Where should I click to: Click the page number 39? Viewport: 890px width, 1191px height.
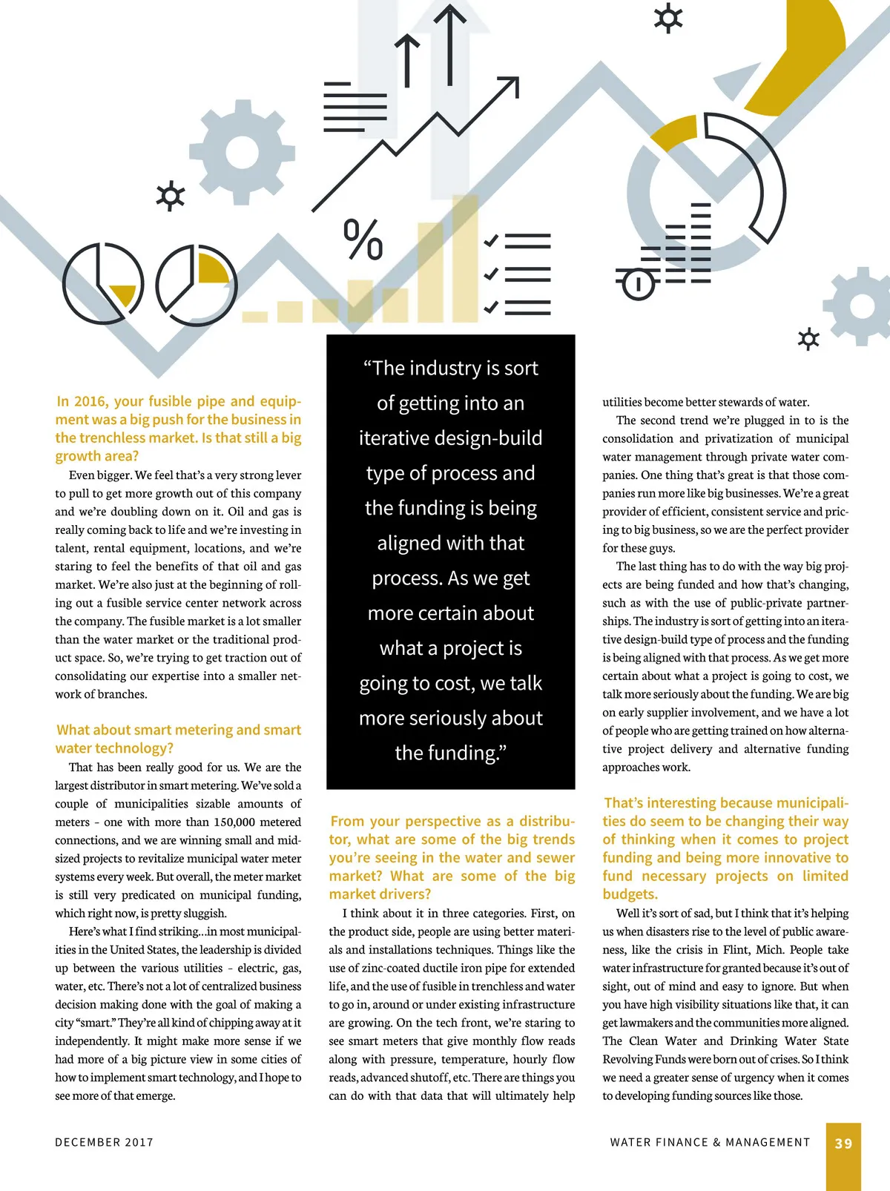pyautogui.click(x=843, y=1144)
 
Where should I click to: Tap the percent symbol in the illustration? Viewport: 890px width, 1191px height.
pyautogui.click(x=363, y=240)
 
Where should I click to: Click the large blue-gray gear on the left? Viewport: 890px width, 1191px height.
pyautogui.click(x=242, y=153)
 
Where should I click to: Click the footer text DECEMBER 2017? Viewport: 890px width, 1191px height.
pyautogui.click(x=104, y=1143)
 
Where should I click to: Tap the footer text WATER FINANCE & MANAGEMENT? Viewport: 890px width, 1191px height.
pyautogui.click(x=710, y=1143)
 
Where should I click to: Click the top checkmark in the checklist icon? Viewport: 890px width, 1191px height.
pyautogui.click(x=491, y=241)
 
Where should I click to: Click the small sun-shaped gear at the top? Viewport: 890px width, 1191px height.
pyautogui.click(x=667, y=18)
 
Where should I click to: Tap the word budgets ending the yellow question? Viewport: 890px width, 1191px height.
pyautogui.click(x=630, y=894)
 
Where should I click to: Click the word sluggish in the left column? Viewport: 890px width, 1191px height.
pyautogui.click(x=201, y=914)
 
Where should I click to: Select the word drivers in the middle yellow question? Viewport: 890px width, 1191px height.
pyautogui.click(x=407, y=894)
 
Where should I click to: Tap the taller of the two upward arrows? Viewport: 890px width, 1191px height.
pyautogui.click(x=450, y=44)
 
